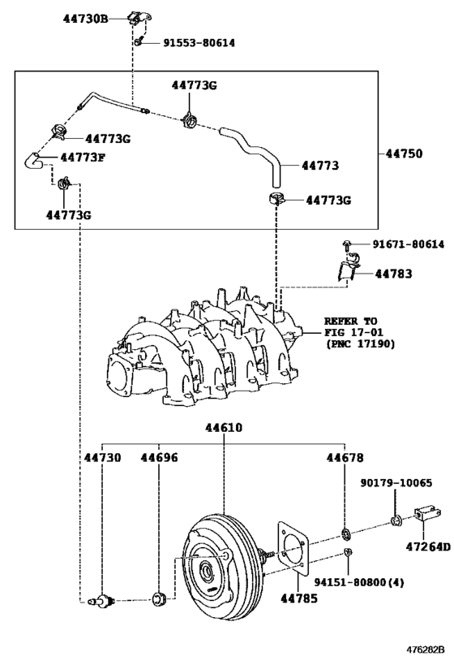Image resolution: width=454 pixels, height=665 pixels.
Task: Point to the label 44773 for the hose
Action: [319, 166]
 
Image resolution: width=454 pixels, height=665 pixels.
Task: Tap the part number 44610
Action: [223, 428]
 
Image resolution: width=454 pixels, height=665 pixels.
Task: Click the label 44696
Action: [158, 459]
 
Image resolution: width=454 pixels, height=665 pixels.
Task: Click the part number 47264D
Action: [426, 546]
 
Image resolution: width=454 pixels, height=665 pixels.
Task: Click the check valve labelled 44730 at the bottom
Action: [103, 601]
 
